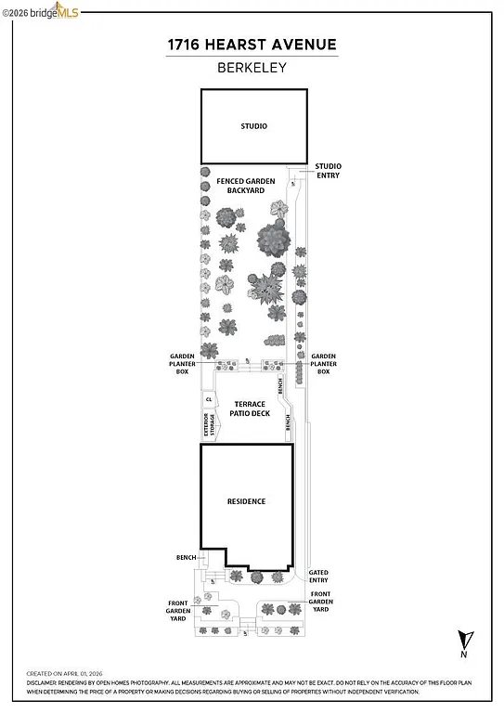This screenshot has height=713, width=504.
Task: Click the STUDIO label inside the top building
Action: tap(253, 125)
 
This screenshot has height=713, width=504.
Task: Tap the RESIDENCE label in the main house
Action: tap(247, 501)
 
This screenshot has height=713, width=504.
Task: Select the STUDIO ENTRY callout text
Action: tap(328, 170)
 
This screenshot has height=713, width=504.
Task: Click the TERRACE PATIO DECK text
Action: tap(250, 408)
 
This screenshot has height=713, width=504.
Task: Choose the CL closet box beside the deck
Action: tap(209, 399)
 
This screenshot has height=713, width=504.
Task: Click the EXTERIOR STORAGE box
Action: tap(209, 424)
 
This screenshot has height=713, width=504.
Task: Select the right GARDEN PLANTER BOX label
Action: tap(323, 363)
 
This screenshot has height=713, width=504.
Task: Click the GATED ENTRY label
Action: tap(318, 576)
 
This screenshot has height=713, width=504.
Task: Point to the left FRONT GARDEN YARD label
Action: tap(178, 609)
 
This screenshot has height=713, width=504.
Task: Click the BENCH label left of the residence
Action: tap(186, 557)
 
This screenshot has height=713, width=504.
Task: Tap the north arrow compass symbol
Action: tap(463, 642)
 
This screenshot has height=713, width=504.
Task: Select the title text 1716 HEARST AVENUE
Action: tap(252, 44)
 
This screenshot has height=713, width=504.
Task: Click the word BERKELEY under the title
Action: tap(252, 67)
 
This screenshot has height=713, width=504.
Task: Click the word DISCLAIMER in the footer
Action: tap(44, 682)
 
